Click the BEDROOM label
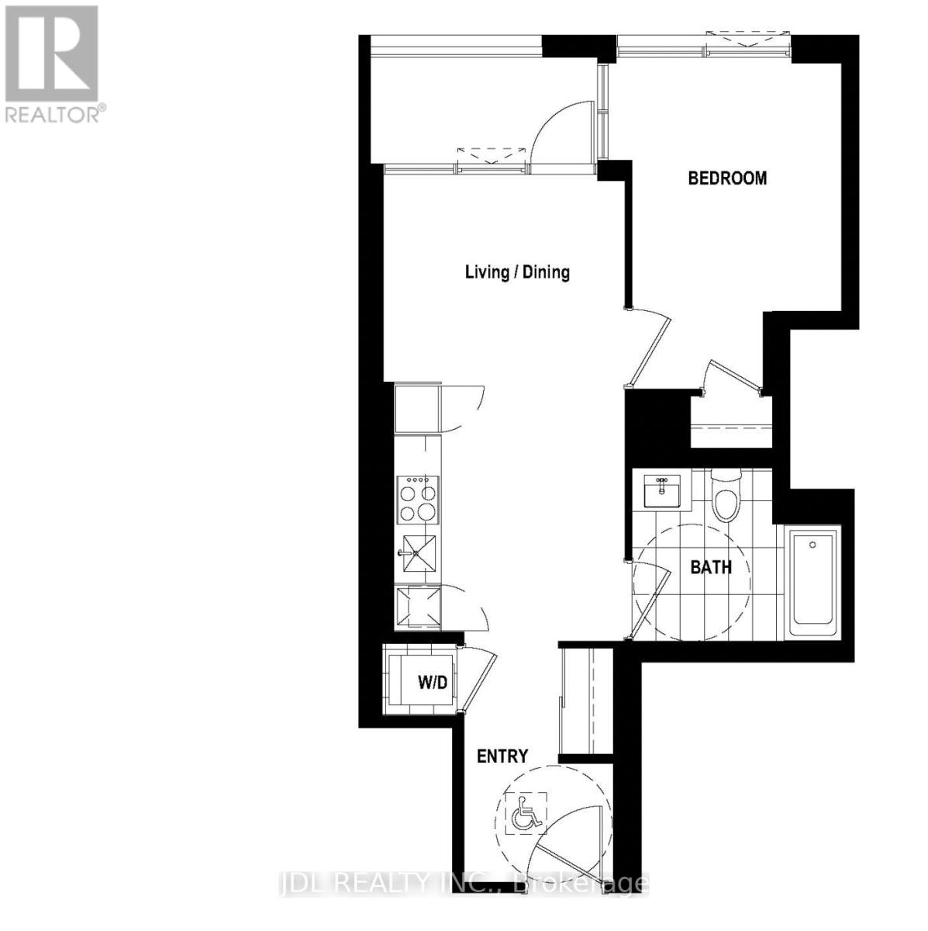pyautogui.click(x=727, y=178)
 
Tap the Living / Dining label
pyautogui.click(x=517, y=272)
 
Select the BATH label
pyautogui.click(x=711, y=567)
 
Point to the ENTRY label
pyautogui.click(x=502, y=756)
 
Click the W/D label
pyautogui.click(x=432, y=683)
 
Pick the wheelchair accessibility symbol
pyautogui.click(x=526, y=814)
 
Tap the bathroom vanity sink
pyautogui.click(x=661, y=490)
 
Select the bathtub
pyautogui.click(x=812, y=582)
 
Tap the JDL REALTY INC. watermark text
pyautogui.click(x=463, y=883)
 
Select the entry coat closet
pyautogui.click(x=586, y=702)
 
